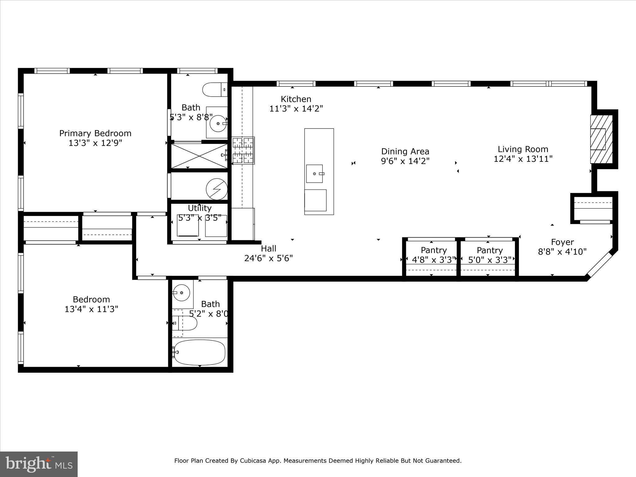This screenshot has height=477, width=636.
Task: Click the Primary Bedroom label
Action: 95,133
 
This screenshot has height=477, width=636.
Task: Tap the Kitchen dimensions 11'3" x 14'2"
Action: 296,109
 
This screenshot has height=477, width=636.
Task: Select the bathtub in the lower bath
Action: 199,352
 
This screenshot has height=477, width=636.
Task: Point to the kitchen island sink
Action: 315,174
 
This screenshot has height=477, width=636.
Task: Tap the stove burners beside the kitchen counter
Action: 243,151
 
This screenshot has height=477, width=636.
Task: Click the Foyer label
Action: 562,242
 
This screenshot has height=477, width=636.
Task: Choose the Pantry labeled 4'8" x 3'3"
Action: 434,255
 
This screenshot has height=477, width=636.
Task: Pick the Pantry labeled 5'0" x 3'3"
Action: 489,255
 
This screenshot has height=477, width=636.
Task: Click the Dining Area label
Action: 405,152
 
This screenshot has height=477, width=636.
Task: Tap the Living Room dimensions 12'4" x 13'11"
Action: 523,159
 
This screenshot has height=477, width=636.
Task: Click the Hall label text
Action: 268,248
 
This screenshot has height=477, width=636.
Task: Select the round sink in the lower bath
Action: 181,293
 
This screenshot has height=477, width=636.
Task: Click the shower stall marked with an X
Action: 199,156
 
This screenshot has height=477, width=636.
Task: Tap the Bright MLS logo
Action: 39,464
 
